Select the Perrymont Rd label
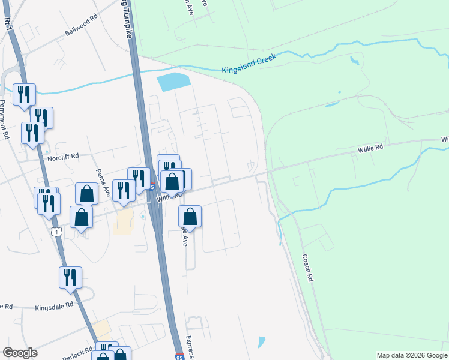(5, 120)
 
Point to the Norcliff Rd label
(63, 156)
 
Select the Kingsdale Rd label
(53, 305)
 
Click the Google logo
(20, 352)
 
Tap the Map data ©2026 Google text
(412, 355)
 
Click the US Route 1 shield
(56, 232)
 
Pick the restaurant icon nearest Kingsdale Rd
(70, 278)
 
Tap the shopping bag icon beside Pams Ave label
(86, 193)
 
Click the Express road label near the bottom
(189, 345)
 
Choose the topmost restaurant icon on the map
(24, 95)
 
